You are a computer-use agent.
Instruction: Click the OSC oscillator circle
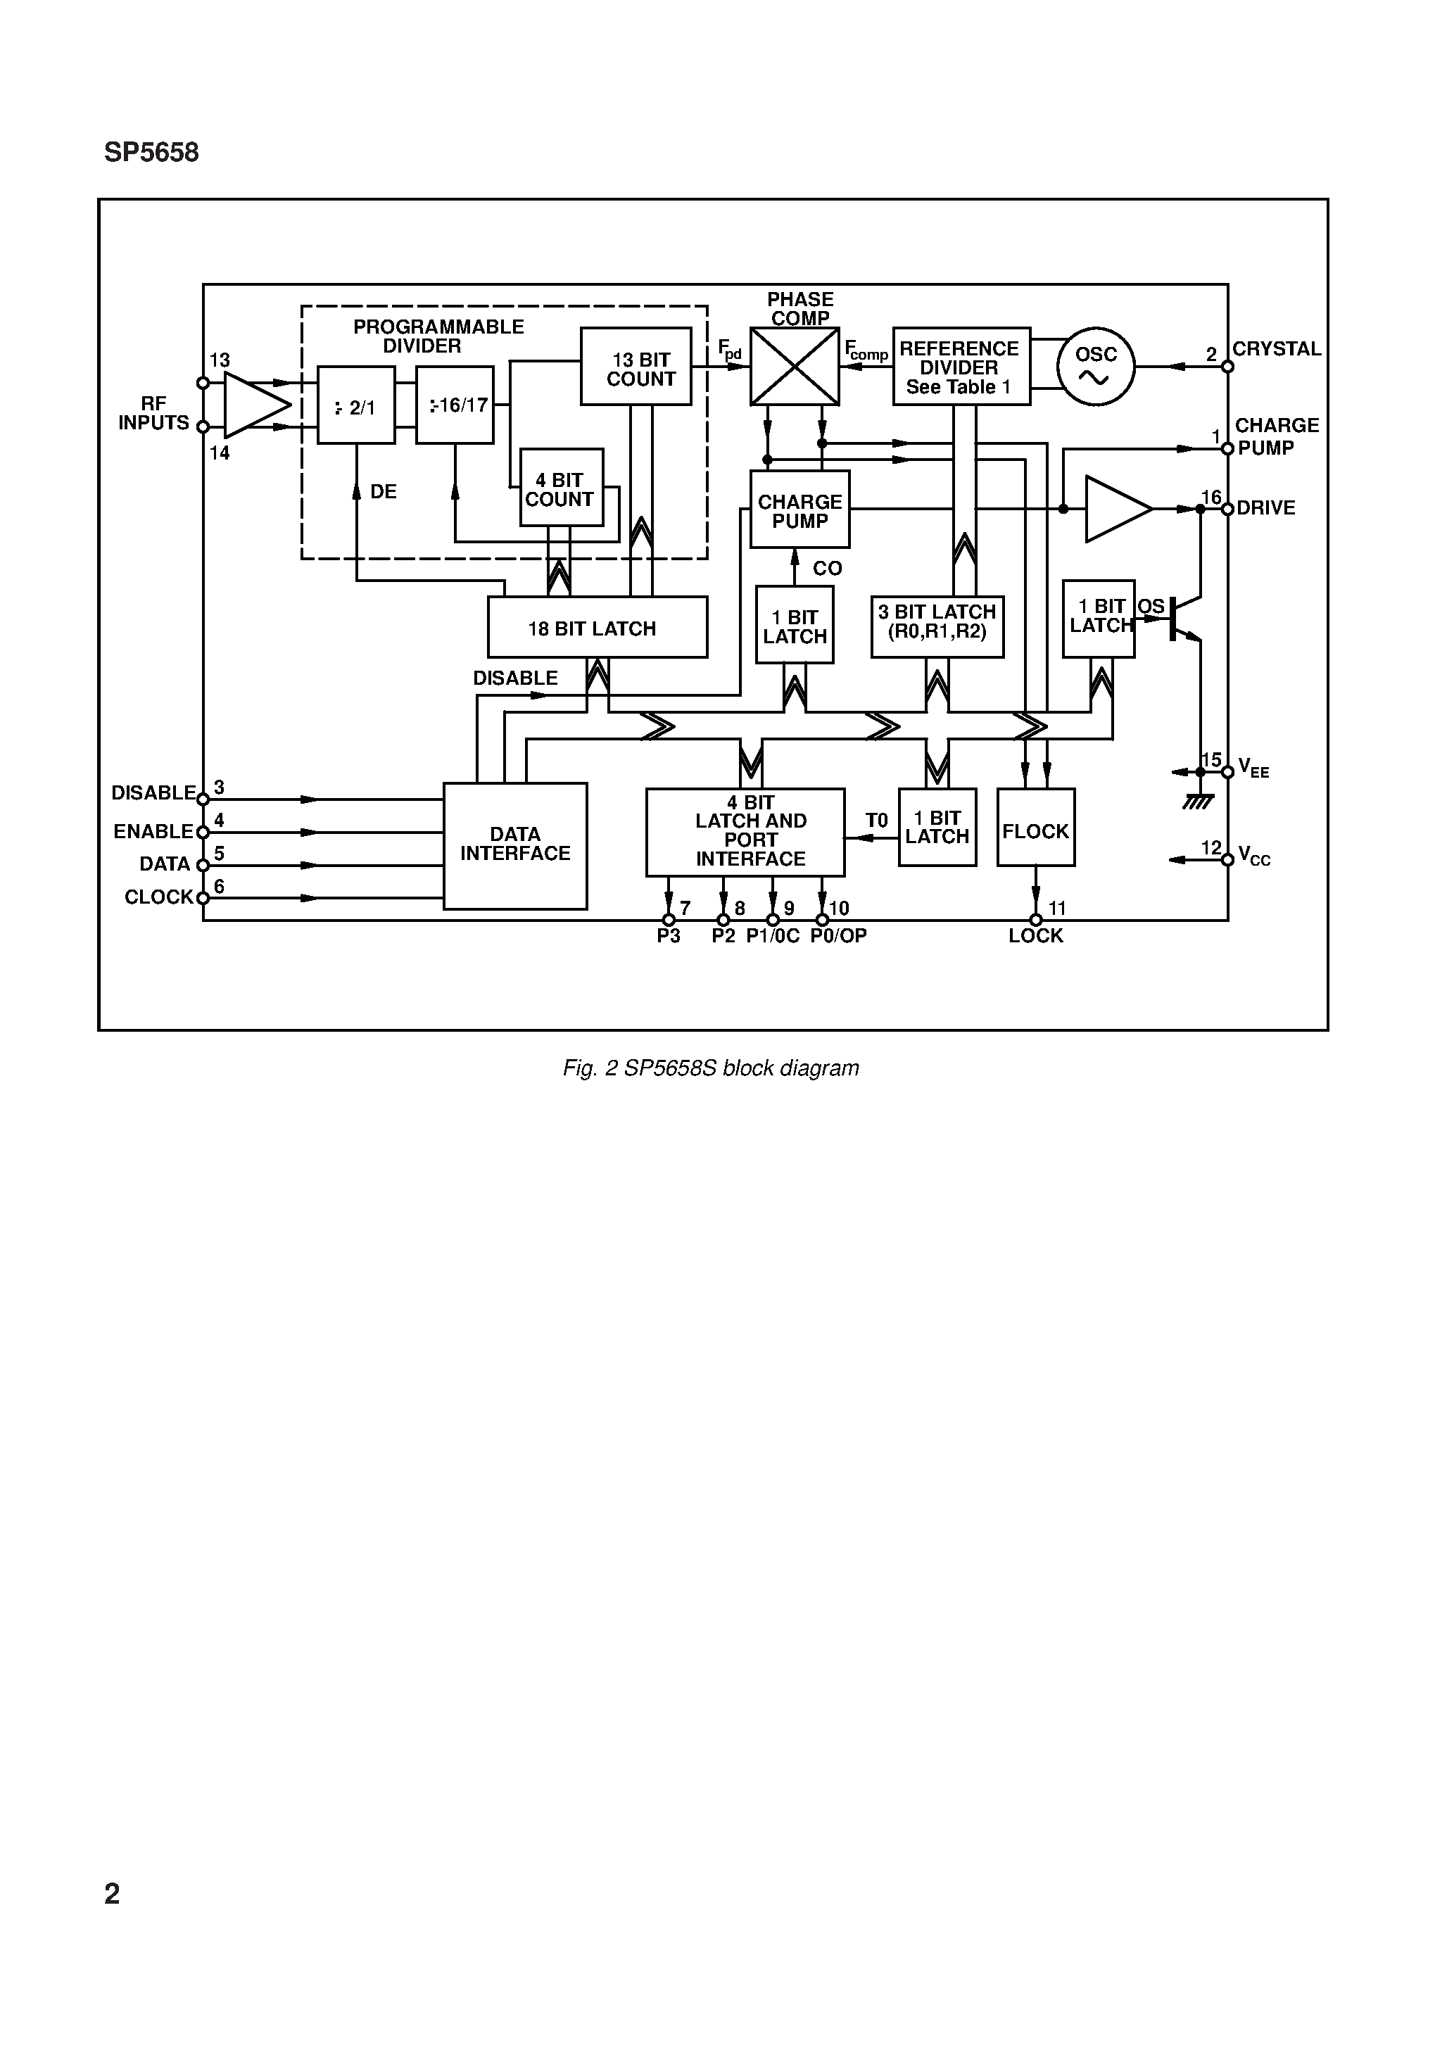1095,366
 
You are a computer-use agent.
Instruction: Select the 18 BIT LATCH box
598,628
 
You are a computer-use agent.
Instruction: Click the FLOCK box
1036,827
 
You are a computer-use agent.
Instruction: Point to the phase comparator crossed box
794,367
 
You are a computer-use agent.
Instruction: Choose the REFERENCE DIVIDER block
961,367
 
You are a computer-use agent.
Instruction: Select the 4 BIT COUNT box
562,488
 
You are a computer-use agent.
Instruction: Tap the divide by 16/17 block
455,405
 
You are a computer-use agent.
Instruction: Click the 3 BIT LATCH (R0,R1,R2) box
937,626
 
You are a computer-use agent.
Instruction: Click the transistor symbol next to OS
1184,618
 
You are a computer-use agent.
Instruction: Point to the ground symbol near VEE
1198,800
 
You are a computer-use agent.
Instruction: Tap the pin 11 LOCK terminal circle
1036,920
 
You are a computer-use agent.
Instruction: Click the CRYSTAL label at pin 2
1276,349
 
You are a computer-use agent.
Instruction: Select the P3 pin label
668,936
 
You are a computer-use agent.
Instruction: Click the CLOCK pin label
158,897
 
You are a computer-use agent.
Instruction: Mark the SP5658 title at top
151,153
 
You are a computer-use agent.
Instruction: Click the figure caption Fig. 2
710,1068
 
